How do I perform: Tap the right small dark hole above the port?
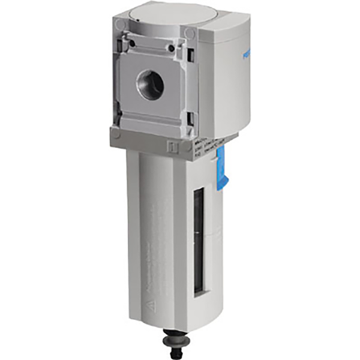pyautogui.click(x=172, y=47)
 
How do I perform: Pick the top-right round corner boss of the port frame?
pyautogui.click(x=190, y=32)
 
